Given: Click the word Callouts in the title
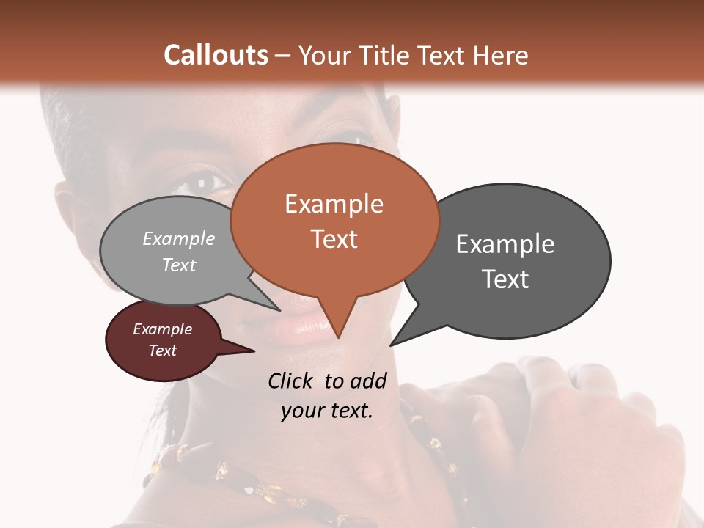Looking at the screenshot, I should (216, 55).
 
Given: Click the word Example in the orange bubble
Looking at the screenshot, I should (334, 204).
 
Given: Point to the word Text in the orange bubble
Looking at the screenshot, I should (334, 239).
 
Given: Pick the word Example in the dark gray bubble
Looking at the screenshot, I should (505, 244).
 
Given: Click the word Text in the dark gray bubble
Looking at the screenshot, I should (505, 279).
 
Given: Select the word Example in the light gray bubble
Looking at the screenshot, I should (179, 239).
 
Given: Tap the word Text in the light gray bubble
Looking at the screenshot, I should (179, 265).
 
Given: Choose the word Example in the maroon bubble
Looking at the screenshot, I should (162, 329).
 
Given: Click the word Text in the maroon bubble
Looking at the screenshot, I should (162, 351).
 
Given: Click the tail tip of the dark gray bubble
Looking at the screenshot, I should (392, 344).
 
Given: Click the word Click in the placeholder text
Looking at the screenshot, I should (292, 381).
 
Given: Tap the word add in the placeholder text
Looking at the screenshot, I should (368, 381).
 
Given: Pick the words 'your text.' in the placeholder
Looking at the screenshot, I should (327, 411).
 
